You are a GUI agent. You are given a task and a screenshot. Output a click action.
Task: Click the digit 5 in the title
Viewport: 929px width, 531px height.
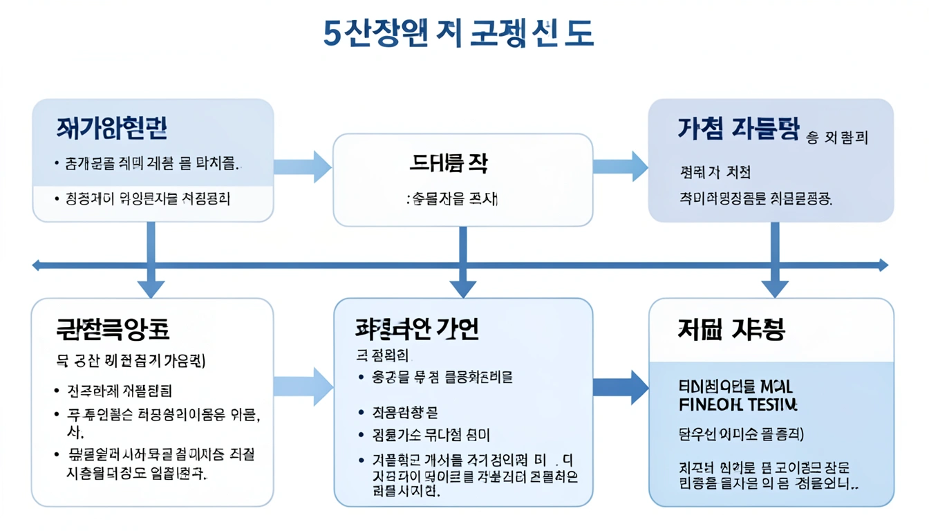pos(332,33)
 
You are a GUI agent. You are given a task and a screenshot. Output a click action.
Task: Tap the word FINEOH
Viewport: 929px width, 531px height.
pos(704,403)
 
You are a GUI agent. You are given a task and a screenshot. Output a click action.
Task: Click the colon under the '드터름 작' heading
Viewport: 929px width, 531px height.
pos(408,200)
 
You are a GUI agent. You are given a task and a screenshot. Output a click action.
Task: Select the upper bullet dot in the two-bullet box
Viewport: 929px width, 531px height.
pos(56,165)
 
